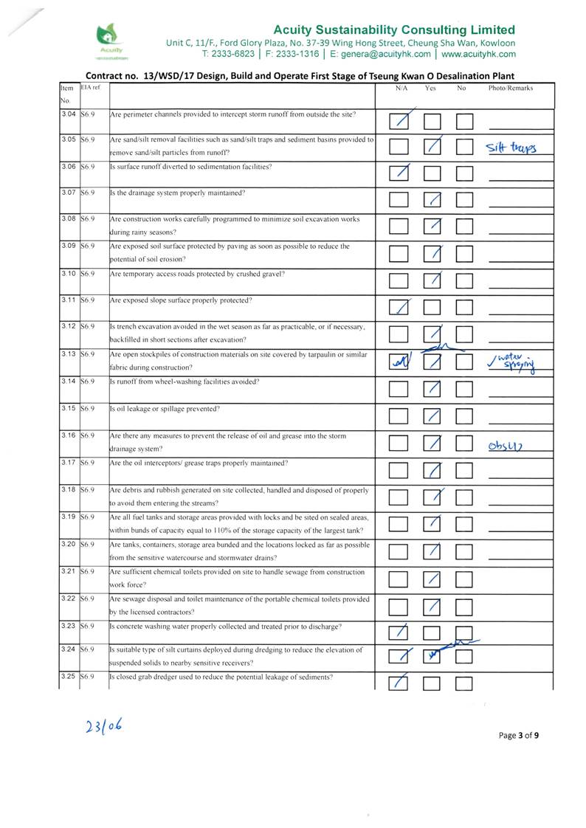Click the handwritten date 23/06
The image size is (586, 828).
tap(103, 727)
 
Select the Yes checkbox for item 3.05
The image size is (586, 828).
tap(433, 147)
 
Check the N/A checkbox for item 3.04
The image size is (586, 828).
tap(399, 120)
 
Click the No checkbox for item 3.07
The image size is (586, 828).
tap(464, 200)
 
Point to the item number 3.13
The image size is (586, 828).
tap(69, 354)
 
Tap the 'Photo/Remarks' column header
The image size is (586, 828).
tap(510, 89)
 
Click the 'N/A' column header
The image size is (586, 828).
tap(401, 89)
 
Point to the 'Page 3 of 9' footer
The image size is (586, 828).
tap(519, 735)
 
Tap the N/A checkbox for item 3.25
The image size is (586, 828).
tap(399, 683)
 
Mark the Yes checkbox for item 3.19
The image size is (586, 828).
tap(433, 523)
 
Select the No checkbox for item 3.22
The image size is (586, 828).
tap(464, 607)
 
